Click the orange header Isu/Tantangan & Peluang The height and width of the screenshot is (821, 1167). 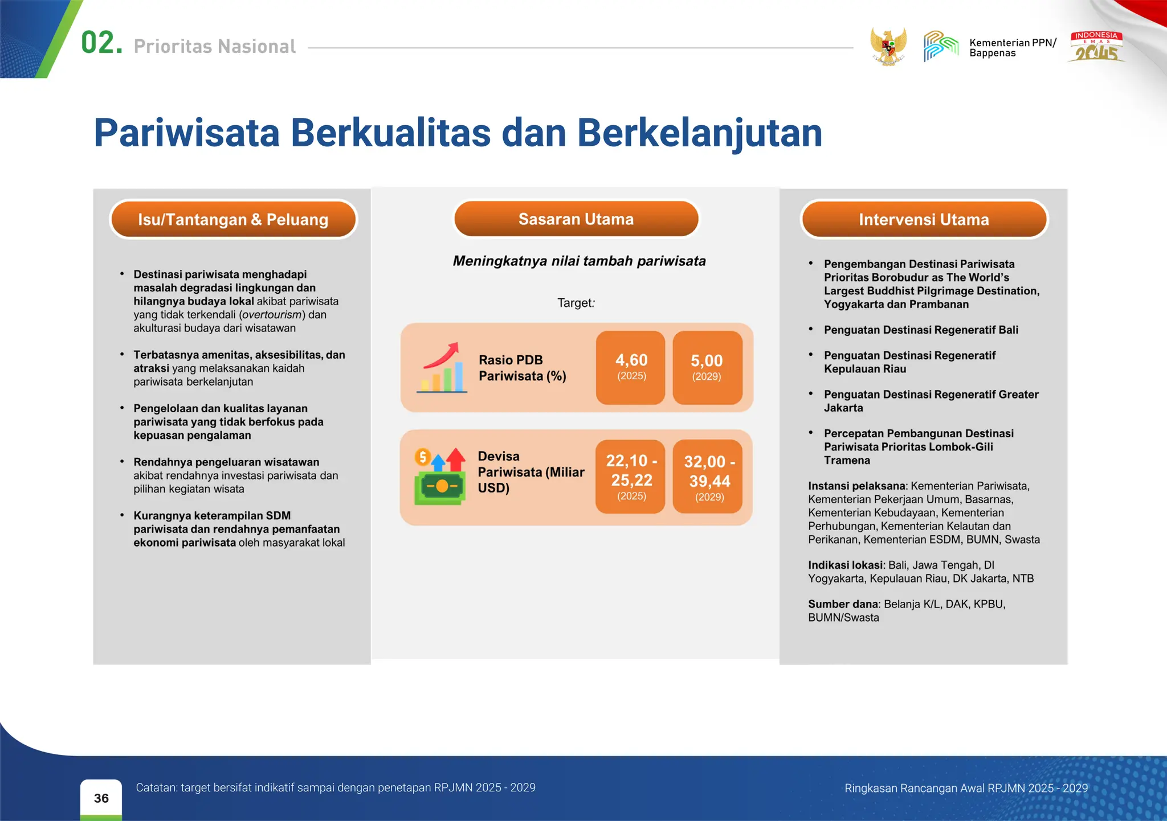pos(233,219)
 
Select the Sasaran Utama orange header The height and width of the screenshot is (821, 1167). pos(576,219)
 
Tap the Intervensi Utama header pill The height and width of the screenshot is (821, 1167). pos(924,219)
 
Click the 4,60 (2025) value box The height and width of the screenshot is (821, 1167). pos(631,367)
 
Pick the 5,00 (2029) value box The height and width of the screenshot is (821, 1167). pos(707,367)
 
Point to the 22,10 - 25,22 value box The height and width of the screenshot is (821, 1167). pos(631,477)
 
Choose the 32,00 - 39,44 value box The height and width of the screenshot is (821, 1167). pos(708,477)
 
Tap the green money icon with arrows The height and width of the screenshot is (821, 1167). pos(439,477)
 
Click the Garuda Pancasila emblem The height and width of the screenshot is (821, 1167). pos(888,47)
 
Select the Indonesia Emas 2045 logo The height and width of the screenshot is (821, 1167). pos(1096,47)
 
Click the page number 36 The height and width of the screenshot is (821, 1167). pos(101,798)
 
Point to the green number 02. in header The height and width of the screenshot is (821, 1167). pos(101,43)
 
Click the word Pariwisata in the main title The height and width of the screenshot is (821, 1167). pos(187,133)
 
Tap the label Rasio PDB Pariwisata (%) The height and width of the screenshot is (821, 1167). pos(522,368)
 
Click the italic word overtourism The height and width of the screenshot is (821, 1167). pos(271,315)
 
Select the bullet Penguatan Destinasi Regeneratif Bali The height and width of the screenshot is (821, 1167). pos(921,330)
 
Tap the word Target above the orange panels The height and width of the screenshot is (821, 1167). pos(574,303)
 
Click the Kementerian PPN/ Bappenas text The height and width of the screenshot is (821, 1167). pos(1012,48)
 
